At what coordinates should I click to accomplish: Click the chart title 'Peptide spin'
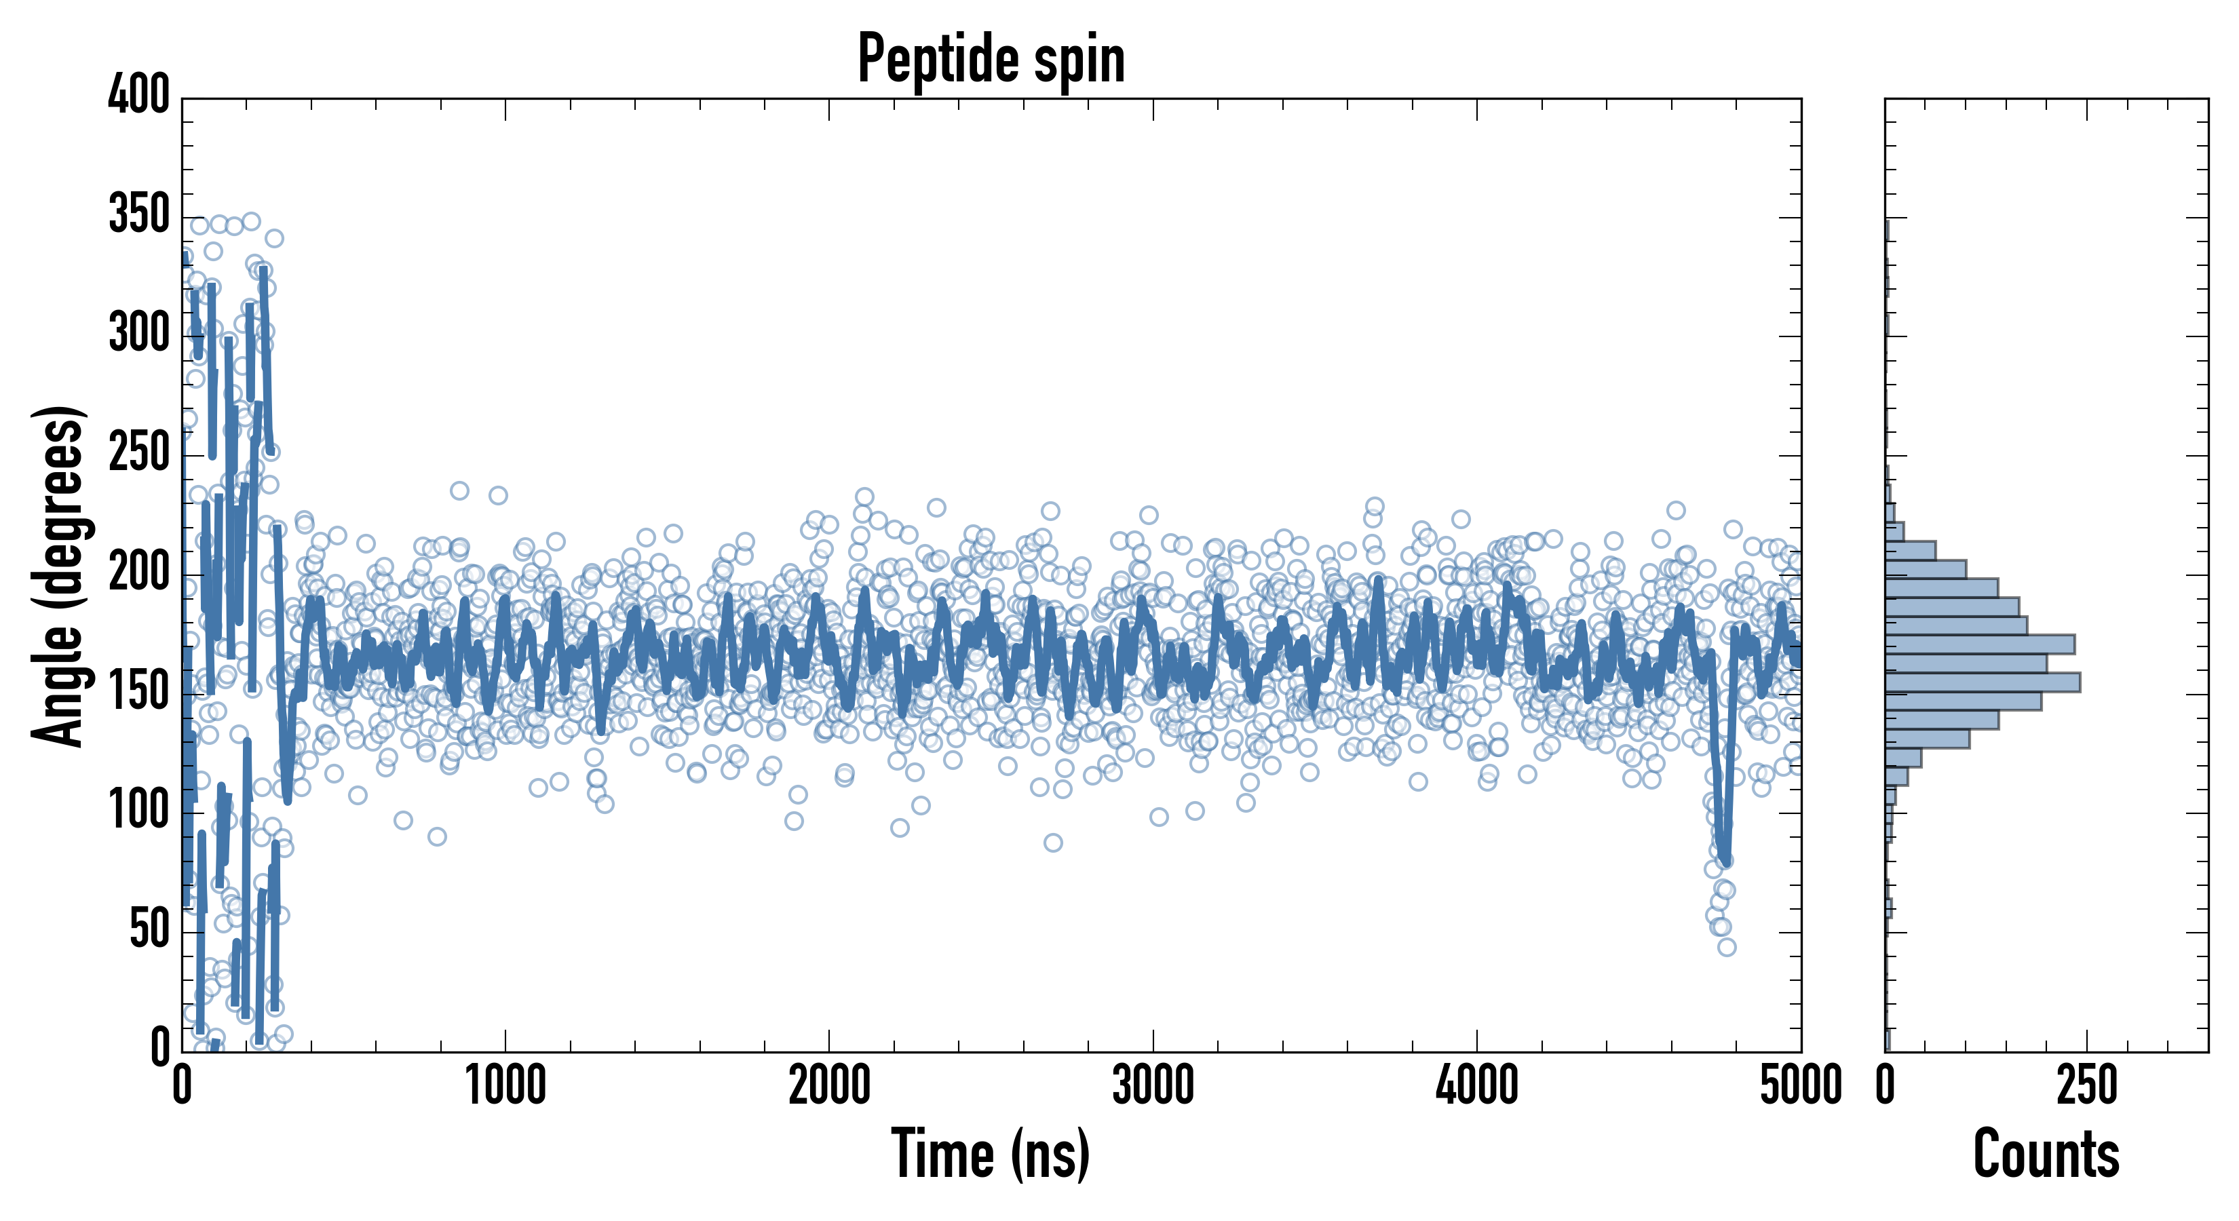991,59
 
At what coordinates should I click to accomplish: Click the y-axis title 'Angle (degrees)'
59,575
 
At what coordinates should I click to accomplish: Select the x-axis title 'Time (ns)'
991,1154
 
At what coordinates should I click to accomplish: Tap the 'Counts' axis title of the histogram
2046,1154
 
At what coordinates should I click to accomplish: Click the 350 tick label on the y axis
139,214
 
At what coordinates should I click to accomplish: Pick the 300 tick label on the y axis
139,333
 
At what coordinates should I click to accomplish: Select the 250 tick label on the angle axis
139,452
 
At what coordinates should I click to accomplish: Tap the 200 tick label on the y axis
139,572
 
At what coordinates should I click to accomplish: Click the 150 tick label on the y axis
139,691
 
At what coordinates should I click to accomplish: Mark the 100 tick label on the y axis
139,810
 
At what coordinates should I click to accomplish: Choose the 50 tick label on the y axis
149,929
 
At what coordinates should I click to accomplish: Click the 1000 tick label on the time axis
506,1086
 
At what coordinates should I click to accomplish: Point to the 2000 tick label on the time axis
829,1086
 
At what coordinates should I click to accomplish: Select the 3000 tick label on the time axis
1153,1086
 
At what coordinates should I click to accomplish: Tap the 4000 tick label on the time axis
1477,1086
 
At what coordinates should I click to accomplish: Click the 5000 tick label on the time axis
1801,1086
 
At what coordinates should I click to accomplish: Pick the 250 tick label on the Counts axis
2087,1086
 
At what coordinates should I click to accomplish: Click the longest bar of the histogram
1982,682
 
